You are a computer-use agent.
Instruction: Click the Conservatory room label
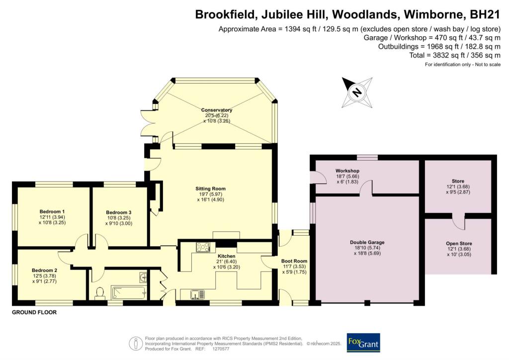(x=217, y=110)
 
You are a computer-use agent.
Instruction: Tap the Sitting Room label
(x=211, y=188)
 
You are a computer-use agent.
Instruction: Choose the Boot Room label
(x=295, y=261)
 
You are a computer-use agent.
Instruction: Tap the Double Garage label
(x=366, y=243)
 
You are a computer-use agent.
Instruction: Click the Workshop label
(x=347, y=171)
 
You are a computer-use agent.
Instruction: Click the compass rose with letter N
(x=357, y=92)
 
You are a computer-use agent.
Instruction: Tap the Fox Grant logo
(x=363, y=343)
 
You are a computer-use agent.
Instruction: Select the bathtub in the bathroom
(x=128, y=292)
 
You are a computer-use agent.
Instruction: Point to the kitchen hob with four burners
(x=203, y=247)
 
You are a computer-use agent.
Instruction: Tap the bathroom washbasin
(x=143, y=276)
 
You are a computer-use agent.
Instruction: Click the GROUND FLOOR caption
(x=34, y=313)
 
